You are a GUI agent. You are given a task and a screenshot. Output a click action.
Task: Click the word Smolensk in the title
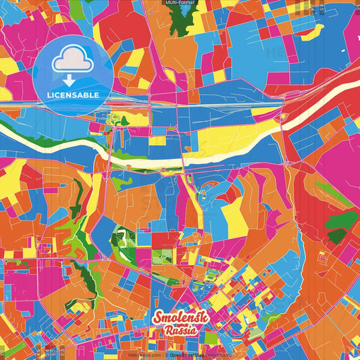[x=180, y=318]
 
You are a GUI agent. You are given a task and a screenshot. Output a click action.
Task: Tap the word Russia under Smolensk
[x=180, y=331]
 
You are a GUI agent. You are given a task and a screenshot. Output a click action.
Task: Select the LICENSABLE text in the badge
[x=73, y=95]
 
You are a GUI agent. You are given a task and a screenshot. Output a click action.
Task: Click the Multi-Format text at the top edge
[x=180, y=3]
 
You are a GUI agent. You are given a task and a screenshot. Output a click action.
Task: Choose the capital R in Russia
[x=165, y=332]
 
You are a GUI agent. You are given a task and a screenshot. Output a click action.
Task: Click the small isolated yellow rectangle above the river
[x=157, y=141]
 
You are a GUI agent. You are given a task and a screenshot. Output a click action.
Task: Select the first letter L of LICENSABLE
[x=51, y=95]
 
